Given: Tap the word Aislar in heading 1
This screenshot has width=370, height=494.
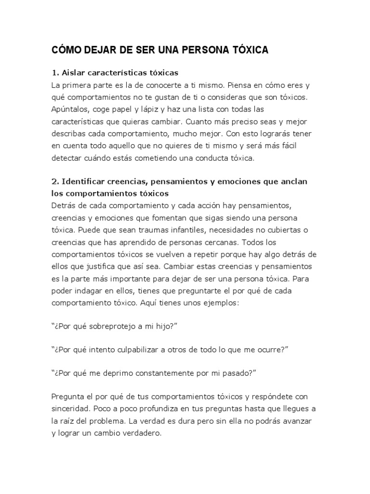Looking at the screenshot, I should [x=73, y=73].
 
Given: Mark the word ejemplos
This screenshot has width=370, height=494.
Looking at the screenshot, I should [x=227, y=302].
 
